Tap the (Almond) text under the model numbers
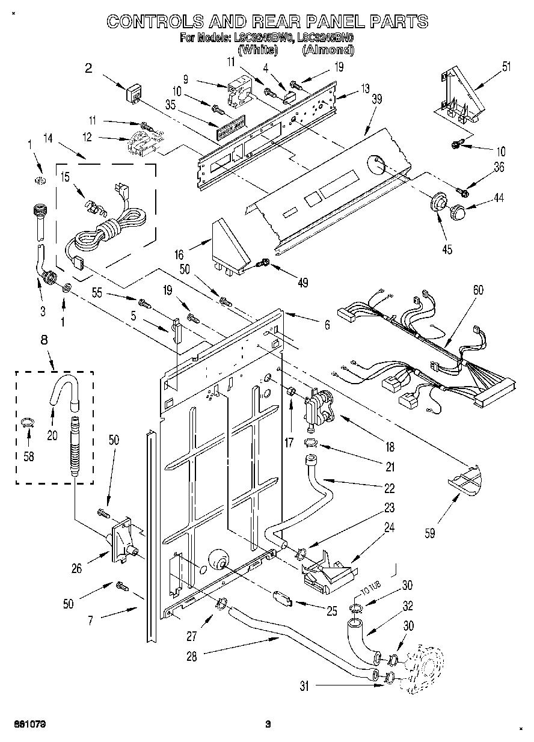click(328, 50)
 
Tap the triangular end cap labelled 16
click(230, 247)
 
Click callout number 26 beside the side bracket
click(76, 567)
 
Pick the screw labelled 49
click(262, 263)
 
